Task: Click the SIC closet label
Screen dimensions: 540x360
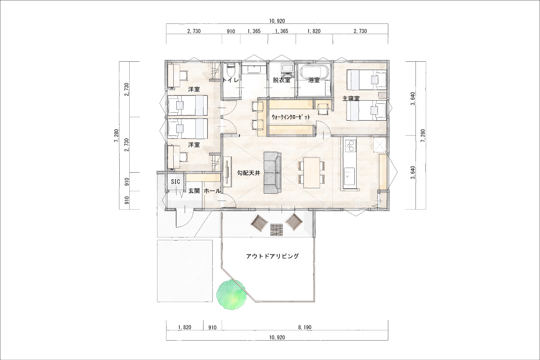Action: click(x=175, y=182)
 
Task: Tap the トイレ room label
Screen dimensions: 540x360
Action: click(x=231, y=80)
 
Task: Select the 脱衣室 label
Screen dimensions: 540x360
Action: click(x=282, y=80)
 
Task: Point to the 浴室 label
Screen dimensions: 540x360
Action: click(x=314, y=80)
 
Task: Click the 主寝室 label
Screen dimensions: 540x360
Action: click(x=351, y=99)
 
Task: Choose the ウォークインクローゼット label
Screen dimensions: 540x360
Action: click(x=291, y=117)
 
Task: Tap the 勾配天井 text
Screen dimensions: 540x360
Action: click(x=249, y=173)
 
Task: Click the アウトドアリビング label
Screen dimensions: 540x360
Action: click(x=272, y=256)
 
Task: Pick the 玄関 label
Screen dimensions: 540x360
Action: click(x=194, y=191)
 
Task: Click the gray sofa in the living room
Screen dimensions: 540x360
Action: click(x=272, y=173)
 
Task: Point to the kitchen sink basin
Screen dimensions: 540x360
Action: click(x=349, y=176)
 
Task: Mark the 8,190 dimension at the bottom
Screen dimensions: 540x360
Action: click(x=305, y=327)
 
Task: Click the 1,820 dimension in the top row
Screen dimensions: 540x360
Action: click(x=314, y=31)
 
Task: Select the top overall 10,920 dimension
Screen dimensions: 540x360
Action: click(x=277, y=21)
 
